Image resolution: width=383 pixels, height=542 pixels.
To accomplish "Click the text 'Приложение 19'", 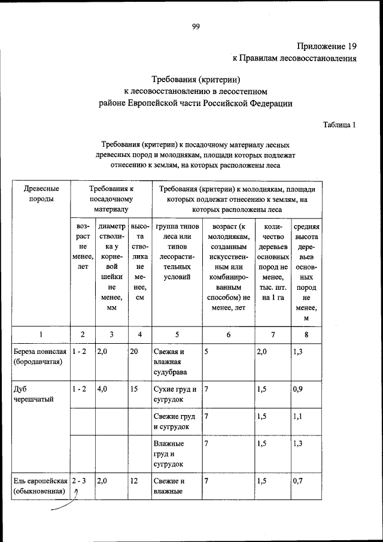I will tap(327, 46).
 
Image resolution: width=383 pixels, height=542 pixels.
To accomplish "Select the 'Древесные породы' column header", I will tap(41, 193).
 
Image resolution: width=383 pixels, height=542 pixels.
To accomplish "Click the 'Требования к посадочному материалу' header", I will tap(111, 199).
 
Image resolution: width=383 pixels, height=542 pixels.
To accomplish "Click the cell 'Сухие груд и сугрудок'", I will tap(174, 393).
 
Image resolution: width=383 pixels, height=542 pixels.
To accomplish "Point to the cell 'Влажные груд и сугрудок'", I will tap(169, 453).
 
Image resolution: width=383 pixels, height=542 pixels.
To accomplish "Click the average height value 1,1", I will tap(298, 416).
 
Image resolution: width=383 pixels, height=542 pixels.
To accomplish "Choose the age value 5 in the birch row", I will tap(206, 352).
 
